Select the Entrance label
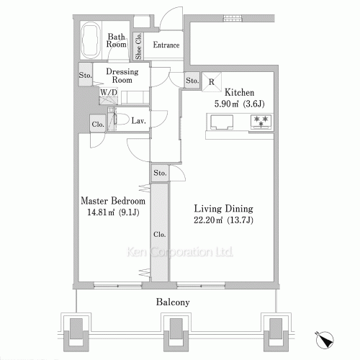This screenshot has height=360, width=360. tap(166, 45)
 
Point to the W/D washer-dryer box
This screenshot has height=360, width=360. tap(109, 93)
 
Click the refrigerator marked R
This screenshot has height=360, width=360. tap(210, 81)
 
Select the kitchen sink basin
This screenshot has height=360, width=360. tap(221, 124)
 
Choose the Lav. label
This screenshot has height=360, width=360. tap(139, 121)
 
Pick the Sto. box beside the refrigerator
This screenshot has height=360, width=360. tap(192, 81)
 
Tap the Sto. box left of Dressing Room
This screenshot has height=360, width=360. tap(85, 74)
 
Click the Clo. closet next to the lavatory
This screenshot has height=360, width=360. tap(98, 124)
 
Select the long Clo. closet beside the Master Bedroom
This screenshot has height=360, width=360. tap(159, 234)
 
